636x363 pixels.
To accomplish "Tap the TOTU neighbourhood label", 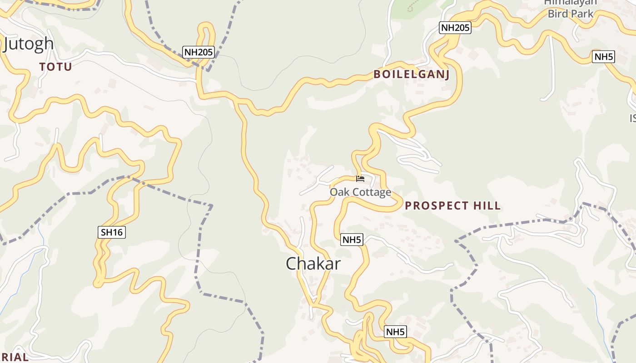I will (x=55, y=67).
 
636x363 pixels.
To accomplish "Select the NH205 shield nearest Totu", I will (x=199, y=52).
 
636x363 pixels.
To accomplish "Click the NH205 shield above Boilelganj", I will (x=455, y=28).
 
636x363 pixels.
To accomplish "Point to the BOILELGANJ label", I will (x=412, y=74).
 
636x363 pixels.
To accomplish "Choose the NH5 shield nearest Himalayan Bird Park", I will (x=604, y=57).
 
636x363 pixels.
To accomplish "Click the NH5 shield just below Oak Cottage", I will (x=352, y=240).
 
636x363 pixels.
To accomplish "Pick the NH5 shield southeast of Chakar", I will (x=395, y=332).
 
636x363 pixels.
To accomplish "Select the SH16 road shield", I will (x=112, y=232).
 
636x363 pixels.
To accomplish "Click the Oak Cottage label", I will (x=360, y=192).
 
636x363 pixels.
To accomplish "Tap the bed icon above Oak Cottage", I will (x=360, y=179).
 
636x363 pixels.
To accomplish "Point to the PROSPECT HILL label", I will (x=452, y=206).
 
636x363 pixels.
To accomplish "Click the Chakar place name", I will (x=313, y=264).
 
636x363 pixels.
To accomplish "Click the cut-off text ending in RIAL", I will (x=14, y=357).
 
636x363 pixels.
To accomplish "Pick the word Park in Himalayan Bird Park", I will (x=582, y=14).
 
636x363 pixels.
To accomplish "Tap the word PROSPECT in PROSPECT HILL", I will (x=437, y=206).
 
